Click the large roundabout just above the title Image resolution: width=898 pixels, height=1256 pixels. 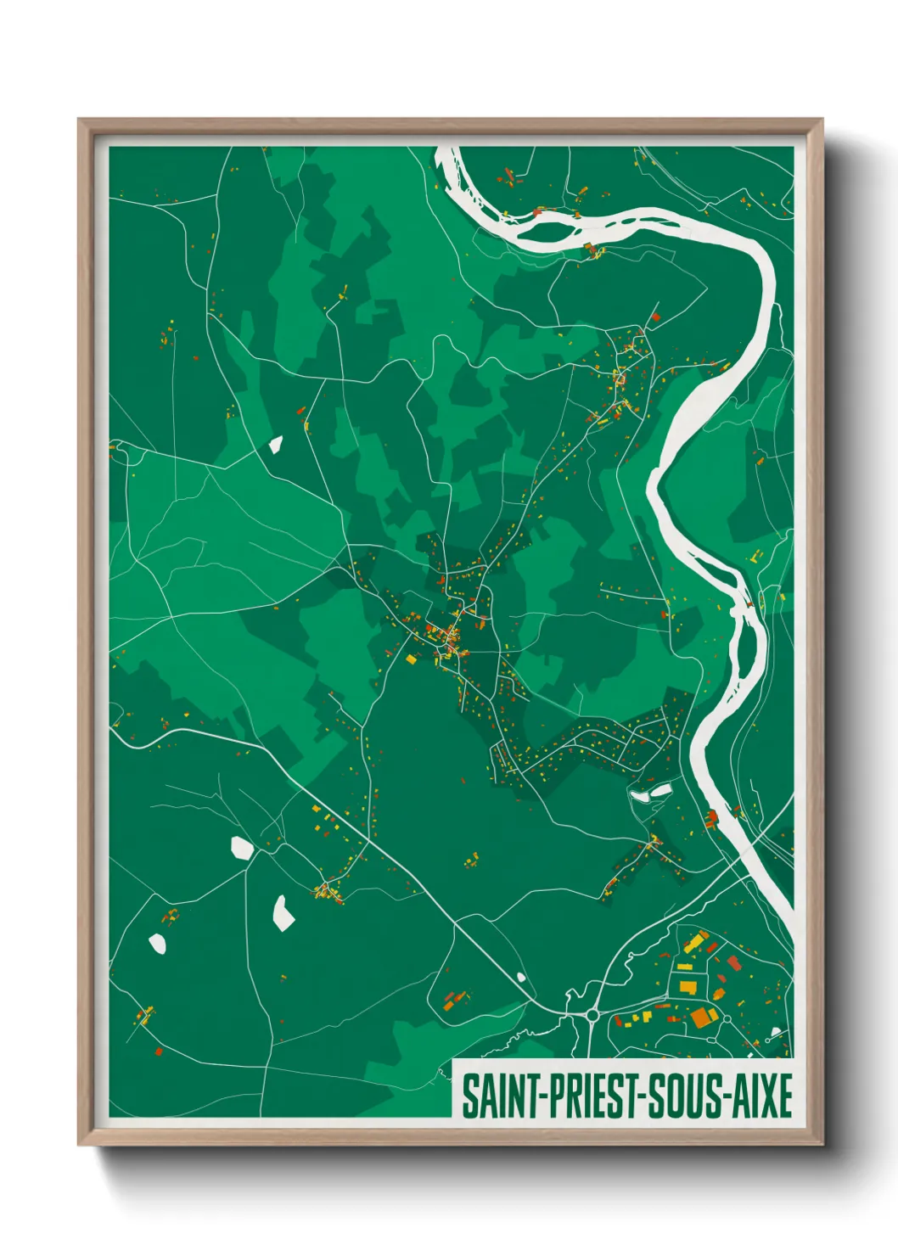[x=592, y=1014]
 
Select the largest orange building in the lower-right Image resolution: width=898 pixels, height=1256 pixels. [x=701, y=1017]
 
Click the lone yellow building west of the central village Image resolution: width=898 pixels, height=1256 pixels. [x=412, y=659]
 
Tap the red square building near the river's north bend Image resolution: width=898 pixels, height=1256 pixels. [x=654, y=317]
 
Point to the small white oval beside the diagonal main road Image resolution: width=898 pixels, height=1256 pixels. [x=521, y=978]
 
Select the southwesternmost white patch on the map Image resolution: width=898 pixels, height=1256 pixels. [x=157, y=943]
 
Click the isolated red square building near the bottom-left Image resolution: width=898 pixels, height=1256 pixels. [x=159, y=1051]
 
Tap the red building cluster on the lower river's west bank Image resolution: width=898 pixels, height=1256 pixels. [x=711, y=817]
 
